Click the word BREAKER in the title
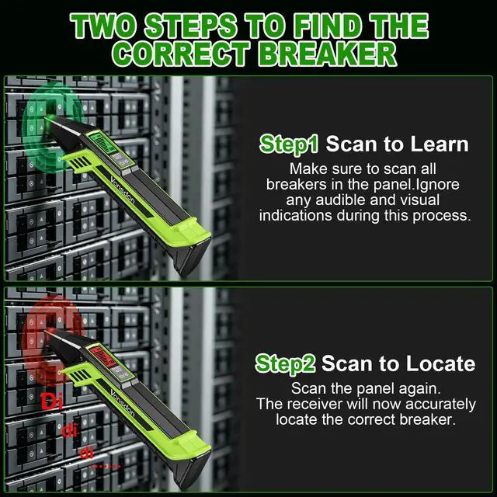[x=328, y=54]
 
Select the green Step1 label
[x=288, y=144]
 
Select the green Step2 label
[x=285, y=364]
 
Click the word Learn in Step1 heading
[x=439, y=144]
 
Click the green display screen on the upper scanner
[x=102, y=142]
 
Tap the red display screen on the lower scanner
[x=102, y=356]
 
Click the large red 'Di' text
[x=52, y=401]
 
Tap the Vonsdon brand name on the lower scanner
[x=123, y=405]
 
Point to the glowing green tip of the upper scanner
[x=50, y=118]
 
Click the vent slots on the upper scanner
[x=80, y=162]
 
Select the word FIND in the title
[x=328, y=26]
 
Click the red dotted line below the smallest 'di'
[x=106, y=466]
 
